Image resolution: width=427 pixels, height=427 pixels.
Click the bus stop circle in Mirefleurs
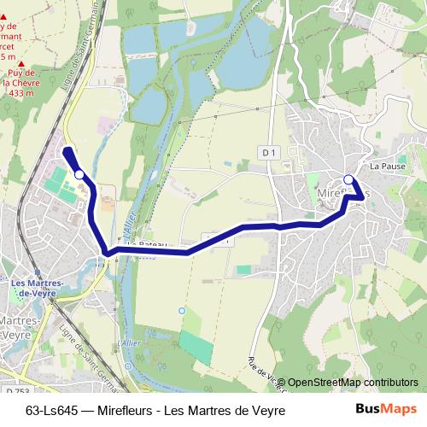348,178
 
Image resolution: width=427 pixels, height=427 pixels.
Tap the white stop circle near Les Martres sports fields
79,174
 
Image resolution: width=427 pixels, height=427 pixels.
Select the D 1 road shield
269,152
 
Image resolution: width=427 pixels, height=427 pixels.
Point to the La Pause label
387,166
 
